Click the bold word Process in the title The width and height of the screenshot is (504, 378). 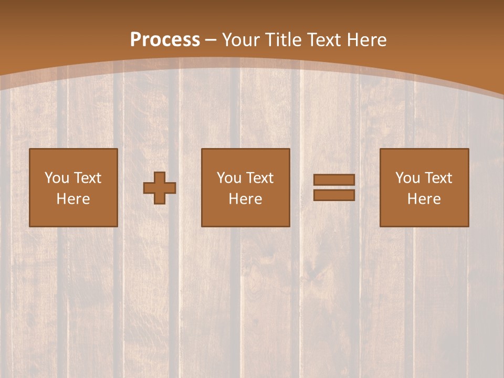pyautogui.click(x=165, y=40)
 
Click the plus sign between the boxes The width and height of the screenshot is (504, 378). pyautogui.click(x=160, y=188)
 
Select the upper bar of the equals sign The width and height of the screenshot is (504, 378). pyautogui.click(x=334, y=180)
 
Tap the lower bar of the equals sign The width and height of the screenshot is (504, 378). pyautogui.click(x=334, y=195)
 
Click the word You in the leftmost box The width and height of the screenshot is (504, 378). pyautogui.click(x=56, y=178)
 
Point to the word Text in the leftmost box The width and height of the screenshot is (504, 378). pyautogui.click(x=87, y=178)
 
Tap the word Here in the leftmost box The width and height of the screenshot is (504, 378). pyautogui.click(x=73, y=199)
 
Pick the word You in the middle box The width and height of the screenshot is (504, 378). pyautogui.click(x=228, y=178)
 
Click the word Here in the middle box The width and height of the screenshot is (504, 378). pyautogui.click(x=246, y=199)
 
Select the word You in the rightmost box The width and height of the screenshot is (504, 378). pyautogui.click(x=407, y=178)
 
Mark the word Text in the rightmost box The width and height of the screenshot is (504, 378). pyautogui.click(x=438, y=178)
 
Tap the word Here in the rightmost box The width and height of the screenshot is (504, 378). pyautogui.click(x=424, y=199)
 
